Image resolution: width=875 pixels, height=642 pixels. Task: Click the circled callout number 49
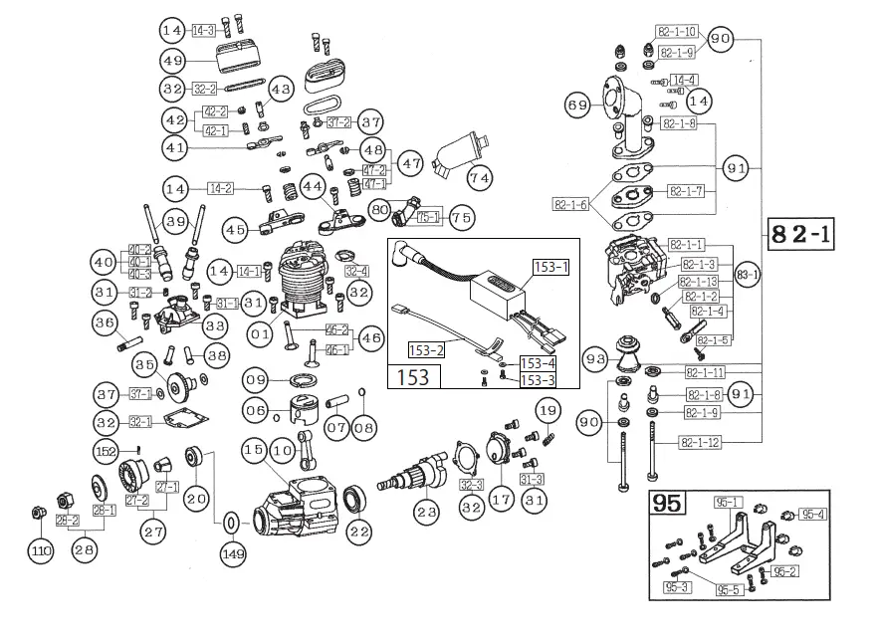(x=173, y=60)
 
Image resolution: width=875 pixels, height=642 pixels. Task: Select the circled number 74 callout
(x=481, y=177)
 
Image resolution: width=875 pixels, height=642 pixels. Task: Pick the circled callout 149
(x=232, y=553)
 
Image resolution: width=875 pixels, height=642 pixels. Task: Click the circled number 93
(x=596, y=358)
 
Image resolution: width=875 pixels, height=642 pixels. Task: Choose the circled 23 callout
(x=427, y=514)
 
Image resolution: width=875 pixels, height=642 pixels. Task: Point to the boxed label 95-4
(x=812, y=515)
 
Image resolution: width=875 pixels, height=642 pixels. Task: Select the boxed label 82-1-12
(x=701, y=441)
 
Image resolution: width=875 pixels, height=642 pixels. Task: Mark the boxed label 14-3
(x=203, y=31)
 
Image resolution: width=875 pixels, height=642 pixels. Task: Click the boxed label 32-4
(x=356, y=271)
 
